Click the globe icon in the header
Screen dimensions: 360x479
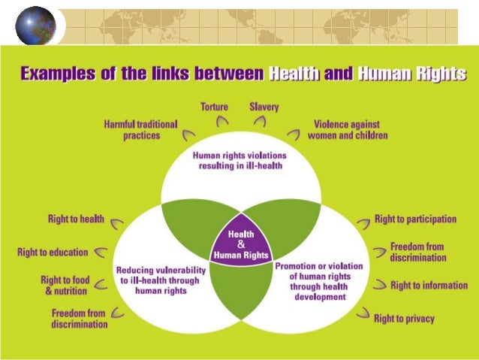tap(35, 26)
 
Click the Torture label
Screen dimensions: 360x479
tap(214, 107)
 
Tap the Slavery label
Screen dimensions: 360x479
tap(264, 107)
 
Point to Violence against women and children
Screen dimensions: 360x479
tap(348, 130)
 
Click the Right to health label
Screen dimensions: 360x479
tap(76, 219)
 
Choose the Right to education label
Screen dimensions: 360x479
tap(53, 253)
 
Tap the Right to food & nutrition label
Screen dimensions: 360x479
tap(65, 285)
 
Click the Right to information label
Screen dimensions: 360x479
tap(423, 286)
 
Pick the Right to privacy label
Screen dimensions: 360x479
tap(404, 319)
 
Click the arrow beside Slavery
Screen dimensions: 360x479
tap(258, 120)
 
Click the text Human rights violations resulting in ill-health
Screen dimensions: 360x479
tap(239, 160)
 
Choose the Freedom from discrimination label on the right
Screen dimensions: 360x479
tap(417, 252)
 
